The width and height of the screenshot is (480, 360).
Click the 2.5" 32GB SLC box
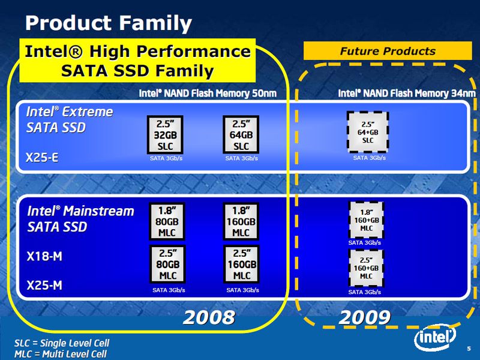[165, 134]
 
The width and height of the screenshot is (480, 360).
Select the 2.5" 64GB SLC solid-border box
[241, 134]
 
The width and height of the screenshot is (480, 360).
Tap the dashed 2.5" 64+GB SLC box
[368, 132]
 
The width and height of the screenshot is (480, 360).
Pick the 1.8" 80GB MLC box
[167, 221]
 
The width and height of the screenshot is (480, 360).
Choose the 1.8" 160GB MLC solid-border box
[241, 221]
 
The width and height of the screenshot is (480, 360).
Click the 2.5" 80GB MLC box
[167, 265]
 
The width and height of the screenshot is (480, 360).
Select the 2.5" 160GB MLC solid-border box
[242, 265]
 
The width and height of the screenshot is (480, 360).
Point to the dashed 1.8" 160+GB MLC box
[366, 220]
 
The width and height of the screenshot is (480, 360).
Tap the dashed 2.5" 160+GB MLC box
[366, 268]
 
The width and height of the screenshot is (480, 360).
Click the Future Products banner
[388, 51]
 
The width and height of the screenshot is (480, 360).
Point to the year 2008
[209, 317]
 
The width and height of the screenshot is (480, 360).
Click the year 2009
[365, 317]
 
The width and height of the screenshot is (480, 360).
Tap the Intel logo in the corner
[435, 337]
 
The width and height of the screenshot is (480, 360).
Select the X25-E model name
[42, 157]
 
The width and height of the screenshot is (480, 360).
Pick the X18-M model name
[44, 256]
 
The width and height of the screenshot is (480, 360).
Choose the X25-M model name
[44, 286]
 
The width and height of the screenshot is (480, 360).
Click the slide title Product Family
[109, 23]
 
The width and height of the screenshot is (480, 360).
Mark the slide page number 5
[469, 349]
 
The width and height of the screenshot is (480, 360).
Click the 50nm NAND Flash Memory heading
[208, 93]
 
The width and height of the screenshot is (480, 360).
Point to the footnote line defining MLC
[61, 354]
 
